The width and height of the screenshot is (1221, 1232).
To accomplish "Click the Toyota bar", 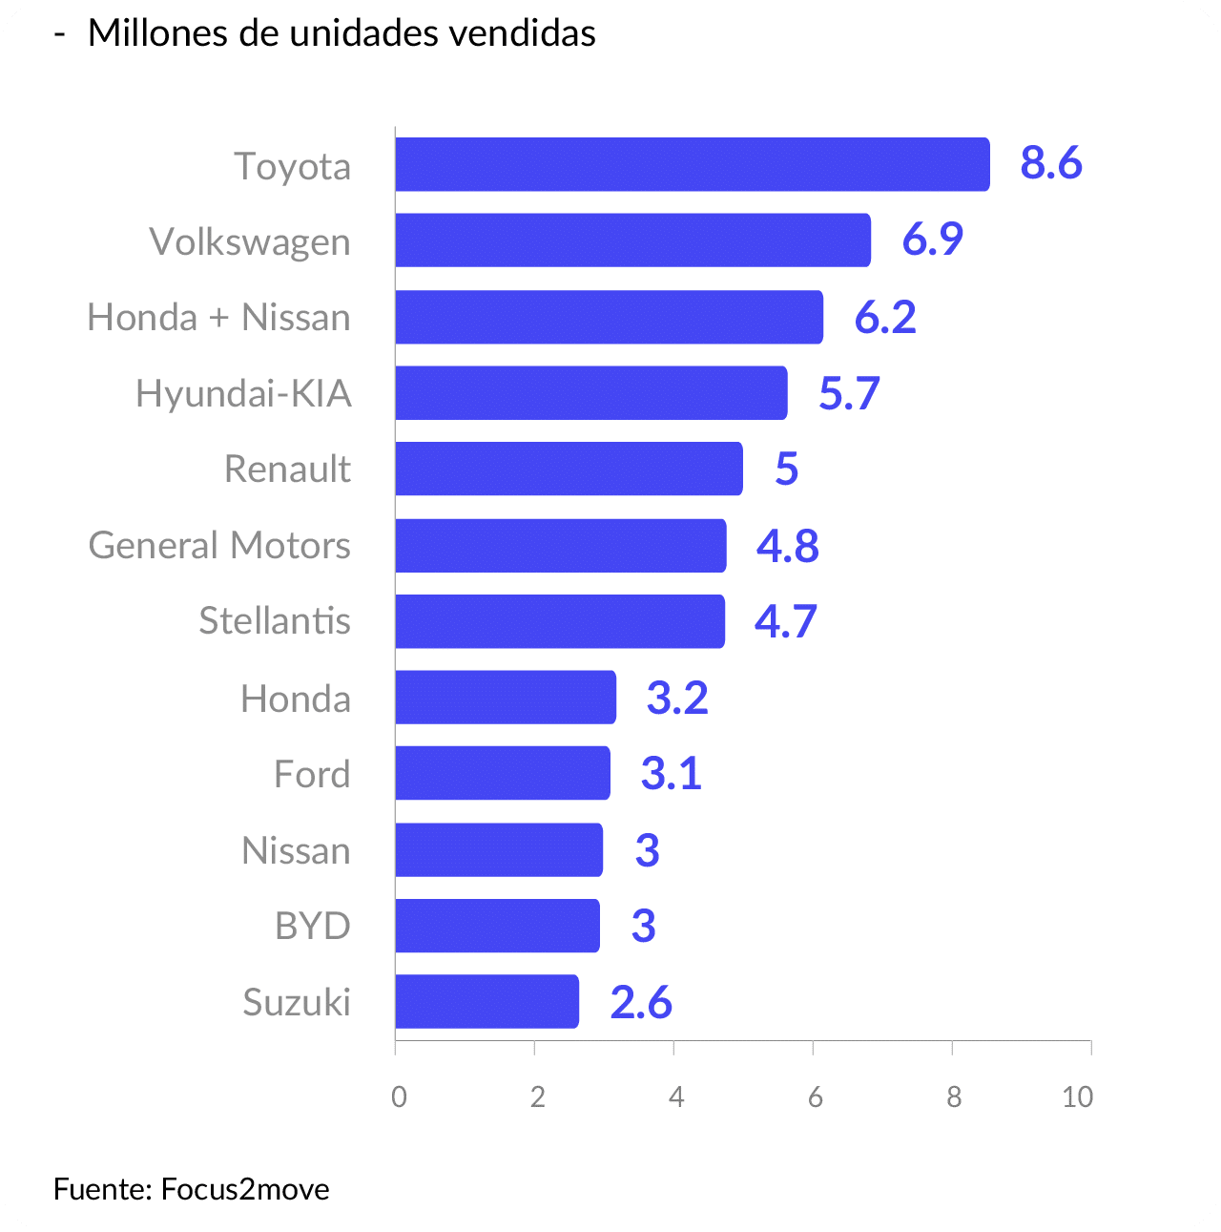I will (x=692, y=164).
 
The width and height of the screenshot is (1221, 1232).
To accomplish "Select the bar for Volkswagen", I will (x=632, y=240).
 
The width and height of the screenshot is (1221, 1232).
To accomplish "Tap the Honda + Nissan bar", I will (x=609, y=317).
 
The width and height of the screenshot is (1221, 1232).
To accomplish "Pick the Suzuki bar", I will (x=486, y=1001).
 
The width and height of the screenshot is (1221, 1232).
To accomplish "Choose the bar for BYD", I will (x=497, y=926).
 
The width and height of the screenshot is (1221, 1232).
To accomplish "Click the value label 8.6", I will (x=1051, y=163).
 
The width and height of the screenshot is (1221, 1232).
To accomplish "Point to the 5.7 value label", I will (x=849, y=393).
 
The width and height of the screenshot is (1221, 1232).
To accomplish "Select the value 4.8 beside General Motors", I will (x=788, y=546).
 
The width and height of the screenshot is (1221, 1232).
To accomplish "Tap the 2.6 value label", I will (x=641, y=1002).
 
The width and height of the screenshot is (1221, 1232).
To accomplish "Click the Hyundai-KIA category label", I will (x=243, y=393).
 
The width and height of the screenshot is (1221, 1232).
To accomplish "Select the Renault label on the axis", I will (x=287, y=469).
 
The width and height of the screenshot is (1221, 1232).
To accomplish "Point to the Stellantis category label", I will (x=275, y=620).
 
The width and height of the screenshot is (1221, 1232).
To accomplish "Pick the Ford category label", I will (x=312, y=773).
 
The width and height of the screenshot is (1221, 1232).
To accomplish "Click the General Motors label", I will (x=219, y=545).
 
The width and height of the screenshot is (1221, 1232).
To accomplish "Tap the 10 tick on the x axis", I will (x=1078, y=1097).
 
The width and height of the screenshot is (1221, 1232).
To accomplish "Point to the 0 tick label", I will (x=399, y=1097).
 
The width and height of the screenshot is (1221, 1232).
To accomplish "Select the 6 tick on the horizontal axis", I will (x=815, y=1097).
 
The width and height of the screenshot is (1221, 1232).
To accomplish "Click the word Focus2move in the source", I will (x=245, y=1189).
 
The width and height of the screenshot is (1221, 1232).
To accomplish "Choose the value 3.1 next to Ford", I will (x=672, y=773).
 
